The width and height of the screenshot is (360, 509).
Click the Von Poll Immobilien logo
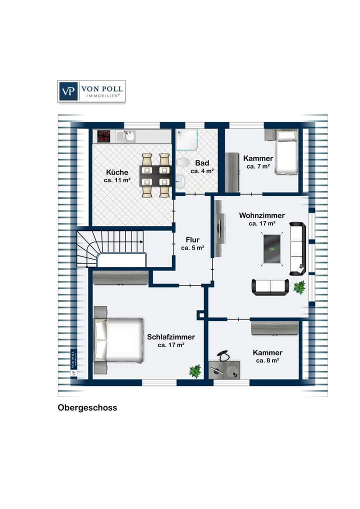[x=91, y=91]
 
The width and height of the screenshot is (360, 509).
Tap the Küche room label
[x=117, y=172]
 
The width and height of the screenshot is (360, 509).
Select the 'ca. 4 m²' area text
[x=202, y=171]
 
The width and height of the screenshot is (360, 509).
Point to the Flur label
[x=192, y=239]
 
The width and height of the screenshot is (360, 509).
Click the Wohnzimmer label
[x=262, y=215]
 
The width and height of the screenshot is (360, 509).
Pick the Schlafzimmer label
[x=171, y=337]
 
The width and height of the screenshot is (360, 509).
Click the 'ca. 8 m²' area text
[x=267, y=360]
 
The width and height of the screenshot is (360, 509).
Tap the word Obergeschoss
[x=87, y=407]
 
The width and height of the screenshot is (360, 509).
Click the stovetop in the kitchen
[x=103, y=135]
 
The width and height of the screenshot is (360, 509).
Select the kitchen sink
[x=128, y=134]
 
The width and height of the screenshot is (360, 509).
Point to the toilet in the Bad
[x=183, y=163]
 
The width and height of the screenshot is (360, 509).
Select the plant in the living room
[x=299, y=287]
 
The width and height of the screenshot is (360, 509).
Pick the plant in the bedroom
[x=195, y=370]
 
